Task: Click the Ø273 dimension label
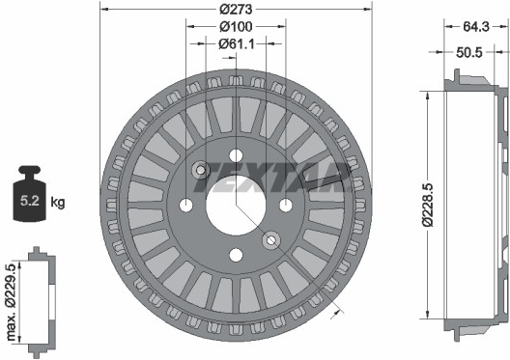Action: tap(236, 9)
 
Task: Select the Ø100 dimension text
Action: tap(236, 27)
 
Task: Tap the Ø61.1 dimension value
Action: tap(237, 43)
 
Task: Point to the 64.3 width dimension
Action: tap(476, 27)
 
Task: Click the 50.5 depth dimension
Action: tap(469, 52)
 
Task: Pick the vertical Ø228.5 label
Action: tap(428, 205)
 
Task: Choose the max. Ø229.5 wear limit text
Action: tap(12, 302)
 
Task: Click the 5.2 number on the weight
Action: tap(30, 201)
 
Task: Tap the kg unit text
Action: tap(58, 202)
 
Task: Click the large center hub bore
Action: tap(236, 206)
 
